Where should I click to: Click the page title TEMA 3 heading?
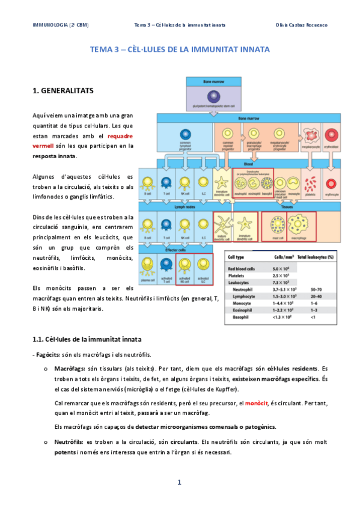180,50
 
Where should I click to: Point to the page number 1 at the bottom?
179,482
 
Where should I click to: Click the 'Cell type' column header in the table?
236,257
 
